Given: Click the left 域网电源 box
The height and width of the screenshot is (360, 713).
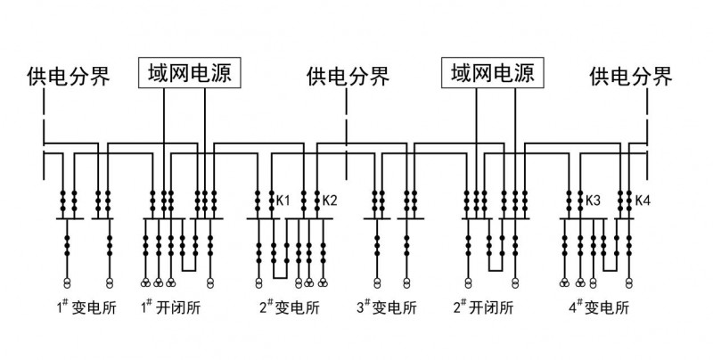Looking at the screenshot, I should tap(189, 73).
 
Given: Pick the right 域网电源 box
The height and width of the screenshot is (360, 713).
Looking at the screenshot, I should tap(493, 73).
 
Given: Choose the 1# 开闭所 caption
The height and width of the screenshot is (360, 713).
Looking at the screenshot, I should tap(172, 310).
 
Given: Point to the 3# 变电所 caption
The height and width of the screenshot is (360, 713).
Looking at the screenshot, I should tap(386, 310).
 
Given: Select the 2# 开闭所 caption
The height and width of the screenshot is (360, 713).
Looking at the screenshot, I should tap(484, 310).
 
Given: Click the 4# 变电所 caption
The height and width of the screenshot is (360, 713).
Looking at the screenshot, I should tap(599, 310).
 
